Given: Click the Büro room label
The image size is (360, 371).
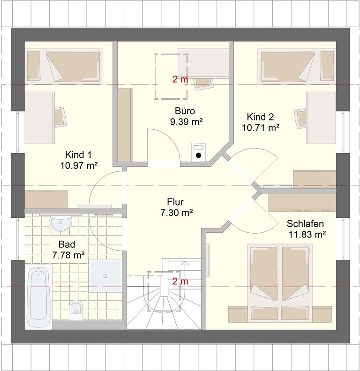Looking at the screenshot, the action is (185, 111).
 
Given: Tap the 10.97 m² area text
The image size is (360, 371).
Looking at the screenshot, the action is (79, 165).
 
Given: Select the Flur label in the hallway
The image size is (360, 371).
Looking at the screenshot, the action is (175, 202).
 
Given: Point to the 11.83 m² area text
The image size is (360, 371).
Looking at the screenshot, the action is (307, 235).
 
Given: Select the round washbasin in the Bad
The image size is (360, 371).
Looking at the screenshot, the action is (60, 223).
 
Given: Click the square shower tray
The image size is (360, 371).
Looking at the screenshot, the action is (105, 275).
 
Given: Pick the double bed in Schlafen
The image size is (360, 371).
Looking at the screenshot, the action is (280, 283).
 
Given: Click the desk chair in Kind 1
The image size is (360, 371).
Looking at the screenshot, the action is (60, 117).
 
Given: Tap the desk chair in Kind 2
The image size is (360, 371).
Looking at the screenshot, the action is (300, 119).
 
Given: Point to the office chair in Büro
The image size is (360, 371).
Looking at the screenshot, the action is (203, 84).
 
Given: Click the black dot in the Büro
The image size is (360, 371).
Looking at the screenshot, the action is (198, 156).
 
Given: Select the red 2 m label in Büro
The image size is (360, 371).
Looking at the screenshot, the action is (180, 80).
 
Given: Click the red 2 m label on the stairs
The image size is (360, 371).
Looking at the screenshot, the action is (180, 282).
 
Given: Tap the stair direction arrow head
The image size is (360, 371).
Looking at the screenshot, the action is (184, 263).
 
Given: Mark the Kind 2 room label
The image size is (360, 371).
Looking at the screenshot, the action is (260, 117).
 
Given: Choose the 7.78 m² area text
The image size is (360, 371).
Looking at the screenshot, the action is (68, 255).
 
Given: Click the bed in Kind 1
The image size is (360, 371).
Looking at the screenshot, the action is (64, 67).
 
